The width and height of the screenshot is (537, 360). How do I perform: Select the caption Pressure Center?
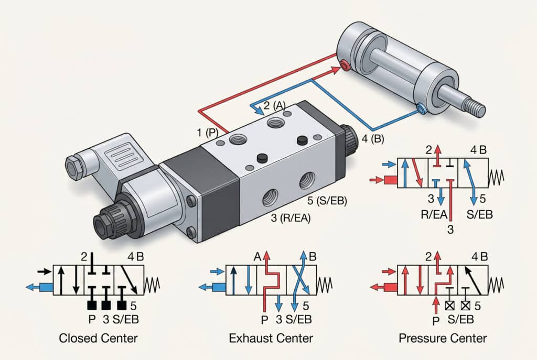pos(443,338)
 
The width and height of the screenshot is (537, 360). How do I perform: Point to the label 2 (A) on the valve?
pos(274,105)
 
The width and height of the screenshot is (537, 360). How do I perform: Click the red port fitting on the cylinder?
pos(345,65)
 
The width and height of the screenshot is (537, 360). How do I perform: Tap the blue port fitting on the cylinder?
pos(421,109)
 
